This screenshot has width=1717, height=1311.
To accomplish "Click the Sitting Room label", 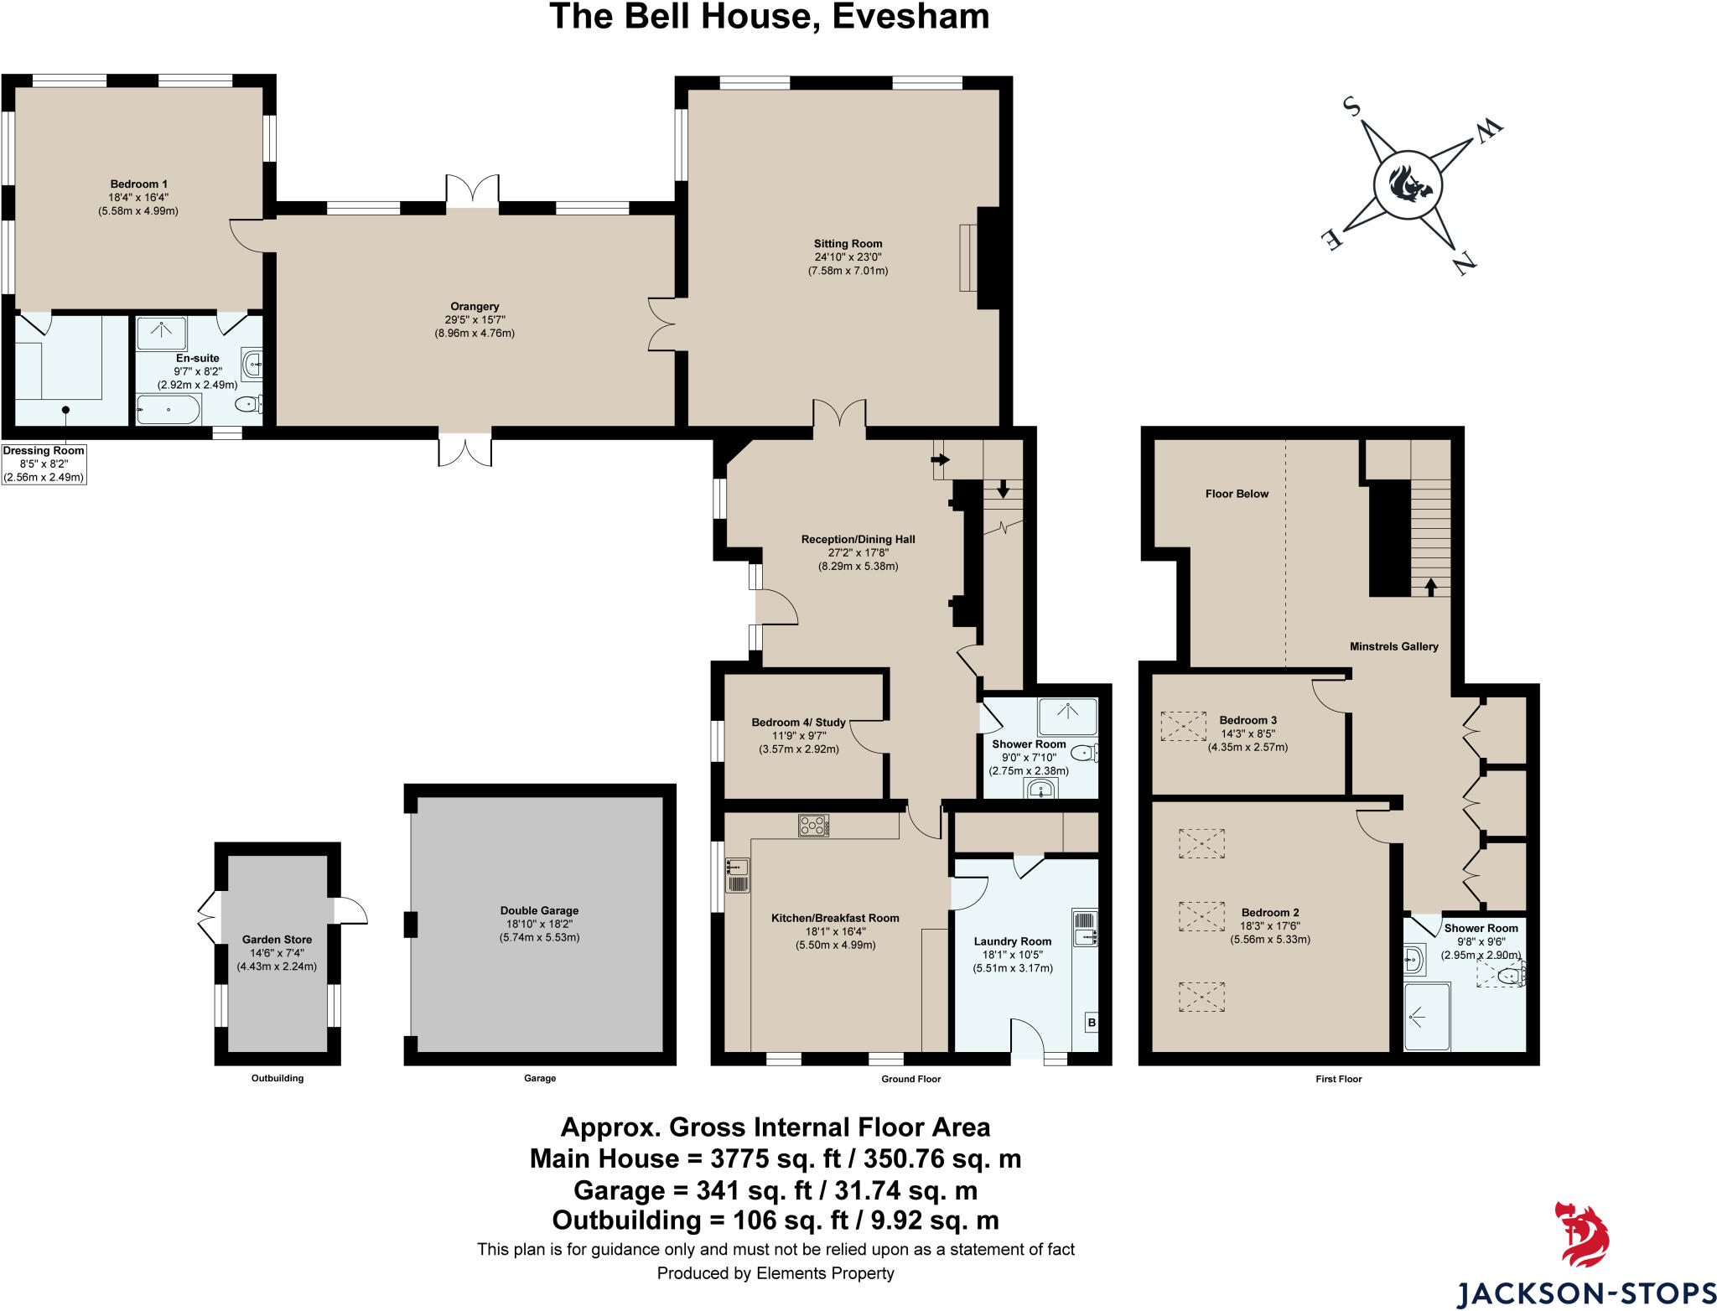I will click(848, 244).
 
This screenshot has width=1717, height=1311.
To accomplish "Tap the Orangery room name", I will click(475, 307).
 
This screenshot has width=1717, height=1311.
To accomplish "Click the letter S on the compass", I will click(1351, 106).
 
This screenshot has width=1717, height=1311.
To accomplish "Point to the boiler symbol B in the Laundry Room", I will click(1092, 1023).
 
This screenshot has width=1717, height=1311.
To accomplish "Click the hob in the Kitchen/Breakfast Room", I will click(813, 826).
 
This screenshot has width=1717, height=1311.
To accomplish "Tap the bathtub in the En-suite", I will click(169, 410).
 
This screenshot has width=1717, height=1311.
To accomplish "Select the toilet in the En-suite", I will click(248, 405).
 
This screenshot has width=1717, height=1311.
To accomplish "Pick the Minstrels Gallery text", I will click(1393, 646).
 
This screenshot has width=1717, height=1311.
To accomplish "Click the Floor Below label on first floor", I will click(1237, 494).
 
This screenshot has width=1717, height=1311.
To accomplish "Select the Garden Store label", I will click(277, 940).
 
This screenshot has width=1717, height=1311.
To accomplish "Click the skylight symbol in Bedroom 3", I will click(1183, 726).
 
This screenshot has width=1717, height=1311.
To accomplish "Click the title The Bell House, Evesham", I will click(769, 17).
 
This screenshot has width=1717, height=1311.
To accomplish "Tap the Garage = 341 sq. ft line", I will click(775, 1190).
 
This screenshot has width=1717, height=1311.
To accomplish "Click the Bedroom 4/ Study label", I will click(798, 723).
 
